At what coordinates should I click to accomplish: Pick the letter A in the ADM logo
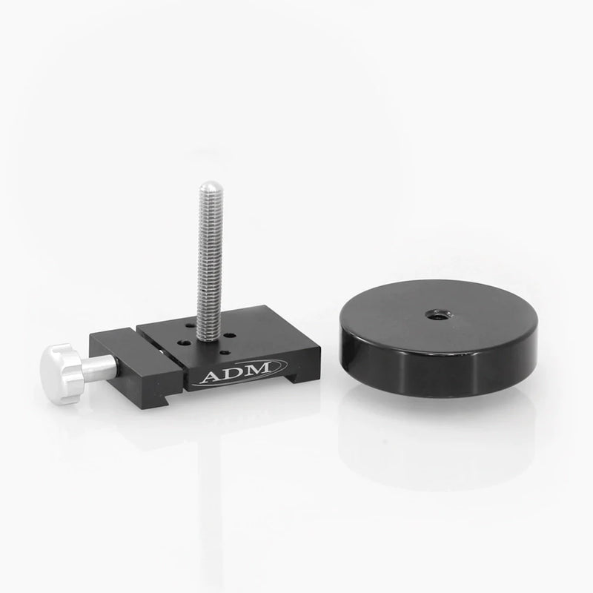(x=211, y=376)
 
